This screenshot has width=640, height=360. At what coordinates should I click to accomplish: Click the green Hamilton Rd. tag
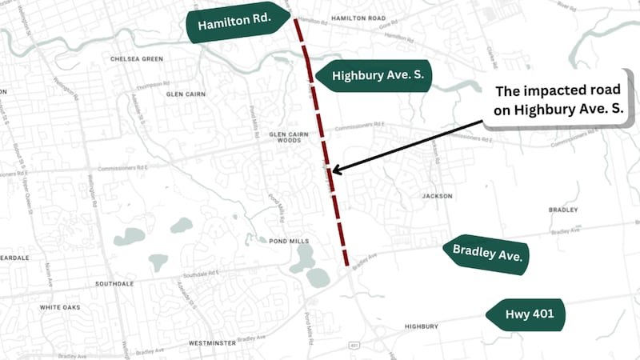point(235,26)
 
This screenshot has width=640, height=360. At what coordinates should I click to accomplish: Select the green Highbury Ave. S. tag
point(373,76)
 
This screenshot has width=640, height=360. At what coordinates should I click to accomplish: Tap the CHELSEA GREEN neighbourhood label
point(137,58)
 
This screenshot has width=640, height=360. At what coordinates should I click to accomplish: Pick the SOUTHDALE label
point(114,284)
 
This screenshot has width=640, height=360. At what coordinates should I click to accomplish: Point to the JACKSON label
point(438,196)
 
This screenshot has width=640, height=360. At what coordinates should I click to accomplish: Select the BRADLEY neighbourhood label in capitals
point(562,210)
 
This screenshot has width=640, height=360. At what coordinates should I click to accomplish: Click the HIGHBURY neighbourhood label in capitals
point(421,326)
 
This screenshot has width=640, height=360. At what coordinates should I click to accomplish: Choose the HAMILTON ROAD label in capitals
point(358,17)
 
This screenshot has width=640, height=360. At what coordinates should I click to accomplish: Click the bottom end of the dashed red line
point(347,264)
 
